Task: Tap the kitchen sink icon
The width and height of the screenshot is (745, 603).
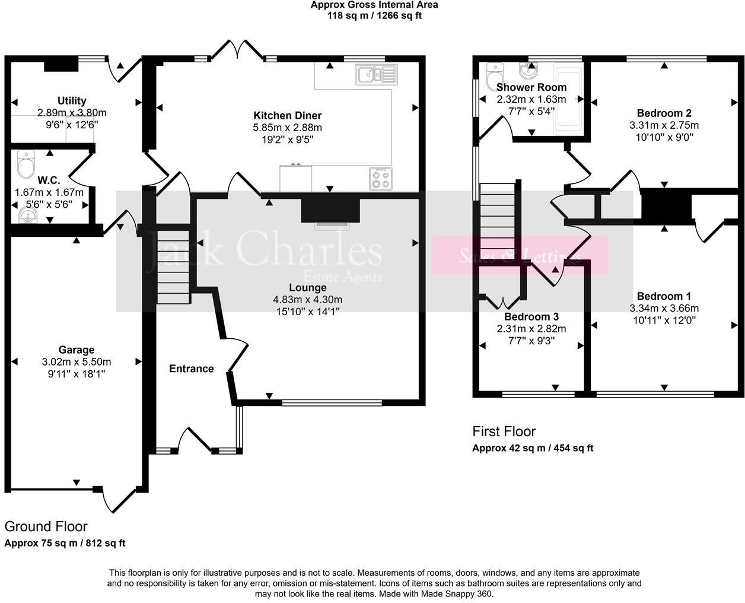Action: pos(375,75)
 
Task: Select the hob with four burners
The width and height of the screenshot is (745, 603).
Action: pos(380,178)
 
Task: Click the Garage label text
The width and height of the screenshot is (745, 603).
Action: pos(76,350)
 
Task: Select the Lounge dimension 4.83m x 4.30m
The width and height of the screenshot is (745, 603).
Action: pos(307,300)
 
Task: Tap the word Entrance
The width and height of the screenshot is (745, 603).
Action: pos(191,369)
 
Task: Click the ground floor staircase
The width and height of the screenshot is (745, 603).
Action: pos(173,267)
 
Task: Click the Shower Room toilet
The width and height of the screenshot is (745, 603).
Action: pos(494,74)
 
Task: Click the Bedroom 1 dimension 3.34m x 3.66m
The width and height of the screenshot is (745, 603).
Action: pos(664,308)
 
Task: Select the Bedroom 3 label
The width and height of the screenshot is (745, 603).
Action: pos(531,317)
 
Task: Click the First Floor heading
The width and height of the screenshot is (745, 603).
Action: pos(504,431)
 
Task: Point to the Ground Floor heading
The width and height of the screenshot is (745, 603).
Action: pos(46,526)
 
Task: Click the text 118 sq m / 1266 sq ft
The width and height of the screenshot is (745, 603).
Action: pos(374,16)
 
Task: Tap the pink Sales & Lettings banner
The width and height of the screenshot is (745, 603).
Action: pos(520,255)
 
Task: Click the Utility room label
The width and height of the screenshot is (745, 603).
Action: pos(72,100)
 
